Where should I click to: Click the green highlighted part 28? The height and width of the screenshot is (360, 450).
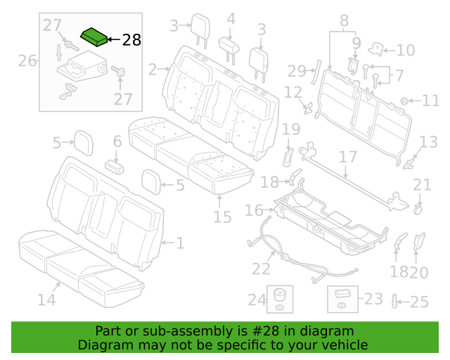pos(94,37)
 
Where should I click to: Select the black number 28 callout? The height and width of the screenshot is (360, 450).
pos(131,40)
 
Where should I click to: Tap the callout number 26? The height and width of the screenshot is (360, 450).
pos(27,61)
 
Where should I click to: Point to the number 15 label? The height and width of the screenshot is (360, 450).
pos(222,217)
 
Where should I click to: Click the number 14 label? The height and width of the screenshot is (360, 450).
pos(46,300)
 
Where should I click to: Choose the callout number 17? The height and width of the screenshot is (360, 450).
pos(348,157)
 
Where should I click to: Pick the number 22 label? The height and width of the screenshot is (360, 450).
pos(261,269)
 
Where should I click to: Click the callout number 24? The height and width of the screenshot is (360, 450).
pos(257,300)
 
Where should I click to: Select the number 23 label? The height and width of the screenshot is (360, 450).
pos(373,299)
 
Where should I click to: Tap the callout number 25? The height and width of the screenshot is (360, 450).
pos(419,302)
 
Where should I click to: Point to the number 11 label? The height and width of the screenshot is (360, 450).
pos(430,101)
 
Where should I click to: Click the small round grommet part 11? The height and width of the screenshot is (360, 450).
pos(404,101)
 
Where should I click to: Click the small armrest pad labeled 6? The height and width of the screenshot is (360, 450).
pos(115,167)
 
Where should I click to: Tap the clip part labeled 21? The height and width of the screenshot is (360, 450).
pos(418,210)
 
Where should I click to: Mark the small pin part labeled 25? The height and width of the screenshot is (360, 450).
pos(394,302)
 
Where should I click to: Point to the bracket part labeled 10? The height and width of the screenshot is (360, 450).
pos(376,49)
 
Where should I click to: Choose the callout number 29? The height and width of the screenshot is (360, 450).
pos(297,71)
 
